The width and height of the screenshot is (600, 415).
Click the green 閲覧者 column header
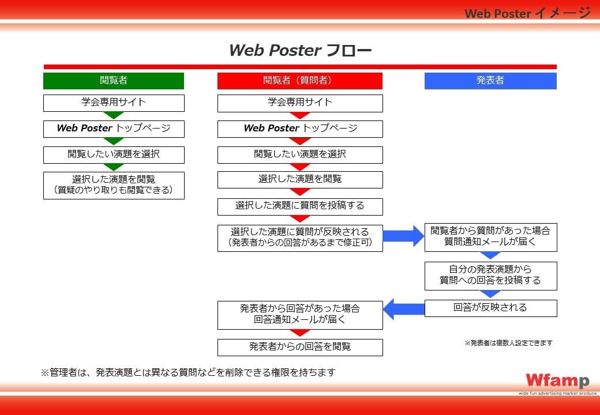coord(114,81)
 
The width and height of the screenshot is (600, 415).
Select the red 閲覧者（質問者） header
coord(300,81)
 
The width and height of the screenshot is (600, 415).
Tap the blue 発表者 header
coord(490,81)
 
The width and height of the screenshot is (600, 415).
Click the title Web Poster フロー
coord(300,51)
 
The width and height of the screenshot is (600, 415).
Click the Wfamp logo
coord(557,380)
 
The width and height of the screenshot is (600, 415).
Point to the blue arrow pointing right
coord(403,236)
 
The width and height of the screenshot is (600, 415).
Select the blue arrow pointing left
coord(404,309)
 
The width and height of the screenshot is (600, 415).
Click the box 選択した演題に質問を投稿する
coord(300,206)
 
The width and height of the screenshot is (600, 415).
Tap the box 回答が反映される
coord(490,308)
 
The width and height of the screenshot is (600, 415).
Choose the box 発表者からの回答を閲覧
coord(300,348)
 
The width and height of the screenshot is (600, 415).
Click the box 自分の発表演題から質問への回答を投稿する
coord(490,276)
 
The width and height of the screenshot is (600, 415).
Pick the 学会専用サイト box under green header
coord(114,103)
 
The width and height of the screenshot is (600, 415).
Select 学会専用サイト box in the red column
coord(300,103)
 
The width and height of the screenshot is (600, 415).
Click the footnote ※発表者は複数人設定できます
coord(508,343)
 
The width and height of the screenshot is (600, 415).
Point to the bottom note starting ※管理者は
coord(188,372)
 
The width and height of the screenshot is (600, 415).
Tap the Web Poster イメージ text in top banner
coord(528,13)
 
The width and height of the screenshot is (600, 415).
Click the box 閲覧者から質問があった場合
coord(490,237)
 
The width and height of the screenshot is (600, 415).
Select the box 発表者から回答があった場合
coord(300,315)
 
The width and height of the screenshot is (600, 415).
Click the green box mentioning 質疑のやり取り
coord(114,186)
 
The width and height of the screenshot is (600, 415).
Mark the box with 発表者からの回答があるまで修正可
coord(300,238)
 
